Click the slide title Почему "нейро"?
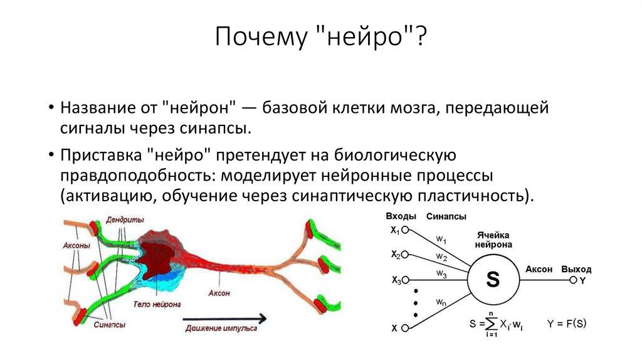click(x=320, y=39)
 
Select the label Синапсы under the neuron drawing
click(x=110, y=325)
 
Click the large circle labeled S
click(x=493, y=280)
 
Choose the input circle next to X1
click(x=405, y=230)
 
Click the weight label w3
click(x=441, y=274)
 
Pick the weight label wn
click(x=441, y=302)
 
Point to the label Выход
click(x=576, y=269)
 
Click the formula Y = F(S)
click(x=566, y=324)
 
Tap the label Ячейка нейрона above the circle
click(x=493, y=240)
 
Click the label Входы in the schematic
click(x=401, y=216)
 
